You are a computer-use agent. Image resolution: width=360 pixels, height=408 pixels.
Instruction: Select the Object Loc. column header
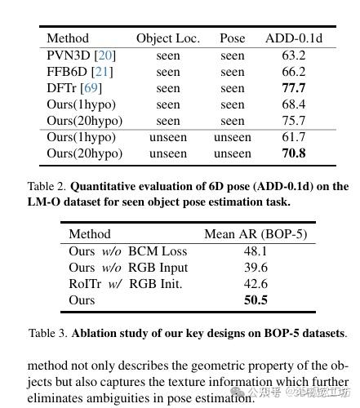click(x=167, y=38)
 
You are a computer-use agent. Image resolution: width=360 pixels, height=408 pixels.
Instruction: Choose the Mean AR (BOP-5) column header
click(x=255, y=234)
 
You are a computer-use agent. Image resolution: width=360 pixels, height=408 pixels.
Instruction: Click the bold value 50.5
click(x=255, y=300)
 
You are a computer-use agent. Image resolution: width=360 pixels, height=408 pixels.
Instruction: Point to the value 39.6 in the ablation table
click(x=255, y=268)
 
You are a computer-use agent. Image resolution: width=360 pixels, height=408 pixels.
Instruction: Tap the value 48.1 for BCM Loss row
click(x=255, y=251)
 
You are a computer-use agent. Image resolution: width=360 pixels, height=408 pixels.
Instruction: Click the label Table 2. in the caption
click(x=46, y=186)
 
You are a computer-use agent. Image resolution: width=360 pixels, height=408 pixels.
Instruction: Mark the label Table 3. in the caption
click(x=48, y=333)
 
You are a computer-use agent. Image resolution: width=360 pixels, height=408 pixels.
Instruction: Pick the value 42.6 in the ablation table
click(x=255, y=284)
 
